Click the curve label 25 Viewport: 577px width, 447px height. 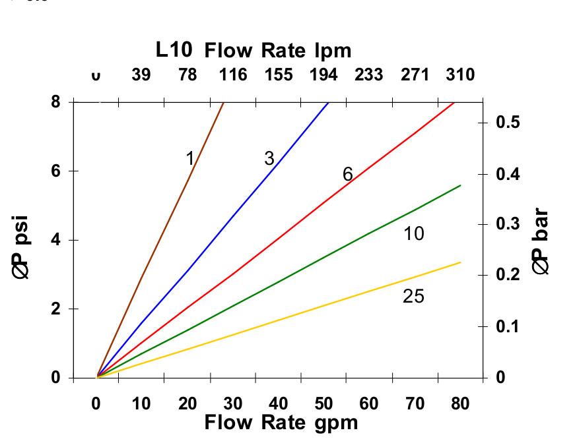pyautogui.click(x=413, y=297)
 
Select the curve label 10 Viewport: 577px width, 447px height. pyautogui.click(x=414, y=233)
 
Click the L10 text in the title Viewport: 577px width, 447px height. pyautogui.click(x=174, y=49)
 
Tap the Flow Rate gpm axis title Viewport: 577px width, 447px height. pyautogui.click(x=281, y=422)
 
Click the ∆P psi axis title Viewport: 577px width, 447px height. pyautogui.click(x=22, y=247)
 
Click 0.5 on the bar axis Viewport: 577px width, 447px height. pyautogui.click(x=507, y=122)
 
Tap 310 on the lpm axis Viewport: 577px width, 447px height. pyautogui.click(x=460, y=74)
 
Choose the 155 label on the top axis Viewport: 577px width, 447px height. pyautogui.click(x=279, y=74)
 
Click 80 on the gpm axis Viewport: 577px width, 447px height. pyautogui.click(x=460, y=403)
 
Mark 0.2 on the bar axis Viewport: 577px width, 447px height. pyautogui.click(x=507, y=274)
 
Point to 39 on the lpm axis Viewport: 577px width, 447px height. pyautogui.click(x=141, y=74)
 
